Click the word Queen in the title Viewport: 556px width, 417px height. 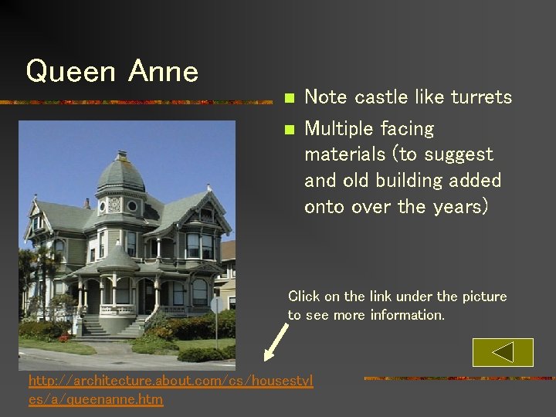click(x=70, y=72)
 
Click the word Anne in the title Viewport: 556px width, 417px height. click(x=164, y=72)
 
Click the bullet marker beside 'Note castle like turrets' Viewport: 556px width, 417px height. click(x=289, y=98)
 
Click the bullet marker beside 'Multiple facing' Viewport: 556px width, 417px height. click(x=289, y=129)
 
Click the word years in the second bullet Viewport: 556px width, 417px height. click(x=457, y=207)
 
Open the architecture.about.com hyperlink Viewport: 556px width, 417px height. click(x=171, y=389)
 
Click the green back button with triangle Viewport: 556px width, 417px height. click(x=503, y=352)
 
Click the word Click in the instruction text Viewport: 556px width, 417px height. click(x=302, y=297)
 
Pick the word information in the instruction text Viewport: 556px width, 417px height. click(x=410, y=315)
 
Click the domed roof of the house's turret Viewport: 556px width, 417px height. click(x=120, y=173)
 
